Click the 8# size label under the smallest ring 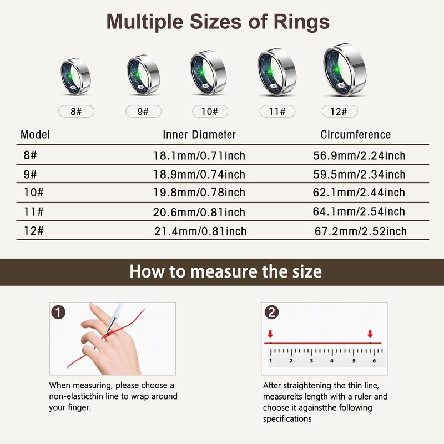point(76,111)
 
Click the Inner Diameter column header point(199,135)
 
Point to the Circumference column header point(356,135)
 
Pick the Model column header point(36,135)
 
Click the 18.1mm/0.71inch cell point(199,156)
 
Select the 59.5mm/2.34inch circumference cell point(360,174)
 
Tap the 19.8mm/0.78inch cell point(199,193)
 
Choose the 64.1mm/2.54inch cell point(360,211)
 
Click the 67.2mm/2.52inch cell point(360,231)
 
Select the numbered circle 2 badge point(270,312)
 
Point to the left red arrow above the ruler point(270,334)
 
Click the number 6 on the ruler point(374,361)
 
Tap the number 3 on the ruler point(311,361)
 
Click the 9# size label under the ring point(143,111)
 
